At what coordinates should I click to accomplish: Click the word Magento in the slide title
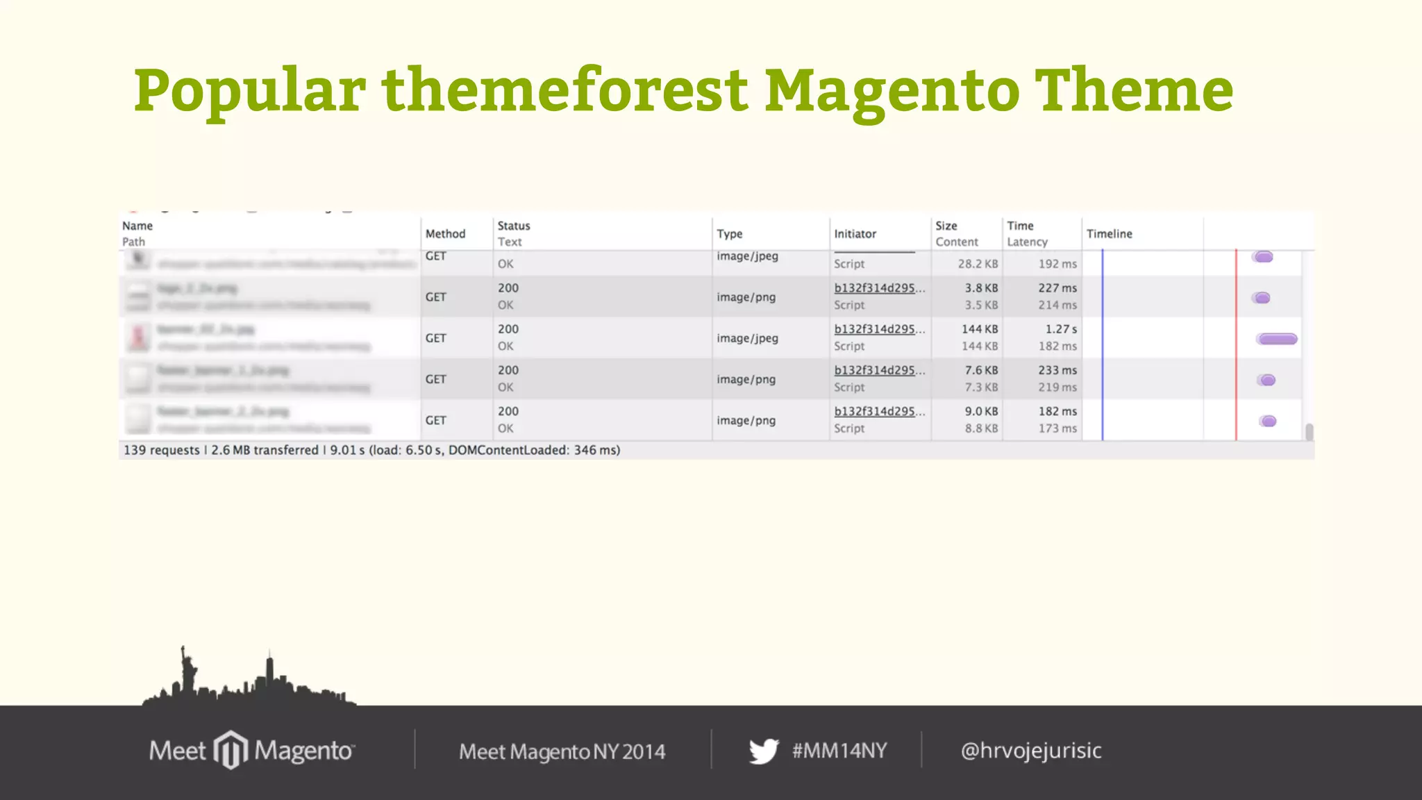892,91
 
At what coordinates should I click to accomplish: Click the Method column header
445,234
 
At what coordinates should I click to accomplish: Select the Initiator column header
855,234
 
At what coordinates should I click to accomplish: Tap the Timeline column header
1109,234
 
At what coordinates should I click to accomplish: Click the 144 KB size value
979,329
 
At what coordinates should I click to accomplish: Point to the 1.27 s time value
1061,329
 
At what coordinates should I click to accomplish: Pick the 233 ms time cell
1057,370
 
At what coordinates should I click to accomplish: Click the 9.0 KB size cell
980,411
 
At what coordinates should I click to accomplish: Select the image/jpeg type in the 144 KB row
747,338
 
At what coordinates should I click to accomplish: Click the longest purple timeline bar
1277,339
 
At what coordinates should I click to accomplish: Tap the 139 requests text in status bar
161,450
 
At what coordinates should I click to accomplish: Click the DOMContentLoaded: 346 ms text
533,450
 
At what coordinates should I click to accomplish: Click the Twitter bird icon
764,751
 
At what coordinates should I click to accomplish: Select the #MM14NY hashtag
839,751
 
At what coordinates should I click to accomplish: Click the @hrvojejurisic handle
1030,751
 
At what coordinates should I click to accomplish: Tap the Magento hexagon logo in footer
231,750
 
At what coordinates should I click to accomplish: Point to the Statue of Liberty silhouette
187,670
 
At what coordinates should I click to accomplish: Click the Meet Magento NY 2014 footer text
562,751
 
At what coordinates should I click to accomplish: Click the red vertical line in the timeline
1236,347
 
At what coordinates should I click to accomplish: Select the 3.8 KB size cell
980,288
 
